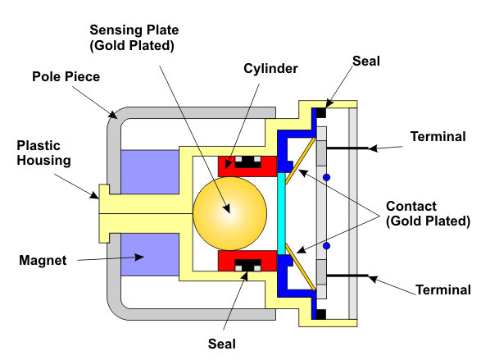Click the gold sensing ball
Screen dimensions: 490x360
click(x=230, y=213)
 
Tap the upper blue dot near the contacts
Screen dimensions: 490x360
click(x=327, y=178)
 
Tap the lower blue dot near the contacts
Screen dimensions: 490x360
click(x=327, y=246)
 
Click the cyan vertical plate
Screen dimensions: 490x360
click(x=281, y=213)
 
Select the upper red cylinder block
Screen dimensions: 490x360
click(x=247, y=166)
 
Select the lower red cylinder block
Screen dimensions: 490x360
click(x=247, y=261)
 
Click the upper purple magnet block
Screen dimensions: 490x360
click(x=150, y=171)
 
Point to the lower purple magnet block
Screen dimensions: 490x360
click(x=150, y=254)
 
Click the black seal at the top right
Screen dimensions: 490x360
click(x=321, y=112)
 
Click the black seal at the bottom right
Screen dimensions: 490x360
click(x=321, y=314)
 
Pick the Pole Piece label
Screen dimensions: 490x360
click(x=66, y=76)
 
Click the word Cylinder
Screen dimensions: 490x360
click(x=270, y=69)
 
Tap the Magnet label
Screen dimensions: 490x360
click(x=43, y=260)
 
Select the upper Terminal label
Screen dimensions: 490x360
click(x=438, y=136)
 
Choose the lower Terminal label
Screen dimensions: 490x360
click(x=443, y=289)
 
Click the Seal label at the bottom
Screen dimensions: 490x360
click(x=222, y=344)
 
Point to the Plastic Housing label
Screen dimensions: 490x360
click(x=43, y=153)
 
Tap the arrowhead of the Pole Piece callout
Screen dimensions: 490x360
click(x=114, y=115)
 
